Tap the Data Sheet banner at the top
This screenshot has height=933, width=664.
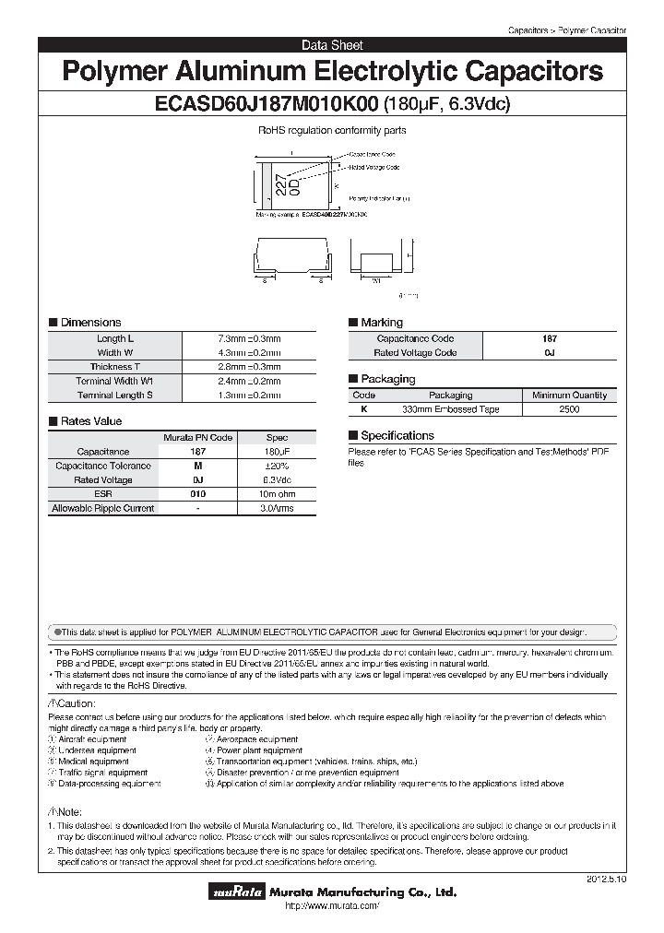[x=332, y=44]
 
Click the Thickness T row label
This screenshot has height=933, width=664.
[x=115, y=367]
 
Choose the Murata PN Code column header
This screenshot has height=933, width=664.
[x=197, y=437]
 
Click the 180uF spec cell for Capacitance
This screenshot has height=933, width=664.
[x=277, y=452]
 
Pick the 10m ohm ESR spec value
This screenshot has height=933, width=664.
[x=277, y=494]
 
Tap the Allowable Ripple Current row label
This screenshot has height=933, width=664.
[x=103, y=508]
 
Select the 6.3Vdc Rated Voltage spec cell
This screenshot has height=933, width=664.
[x=277, y=480]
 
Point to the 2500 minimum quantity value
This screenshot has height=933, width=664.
[x=569, y=408]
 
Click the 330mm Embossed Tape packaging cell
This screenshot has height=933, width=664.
[x=450, y=408]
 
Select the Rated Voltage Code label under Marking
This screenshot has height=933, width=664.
[x=415, y=353]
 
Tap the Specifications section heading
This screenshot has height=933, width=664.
[x=397, y=435]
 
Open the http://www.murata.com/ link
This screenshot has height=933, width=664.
[x=332, y=907]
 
